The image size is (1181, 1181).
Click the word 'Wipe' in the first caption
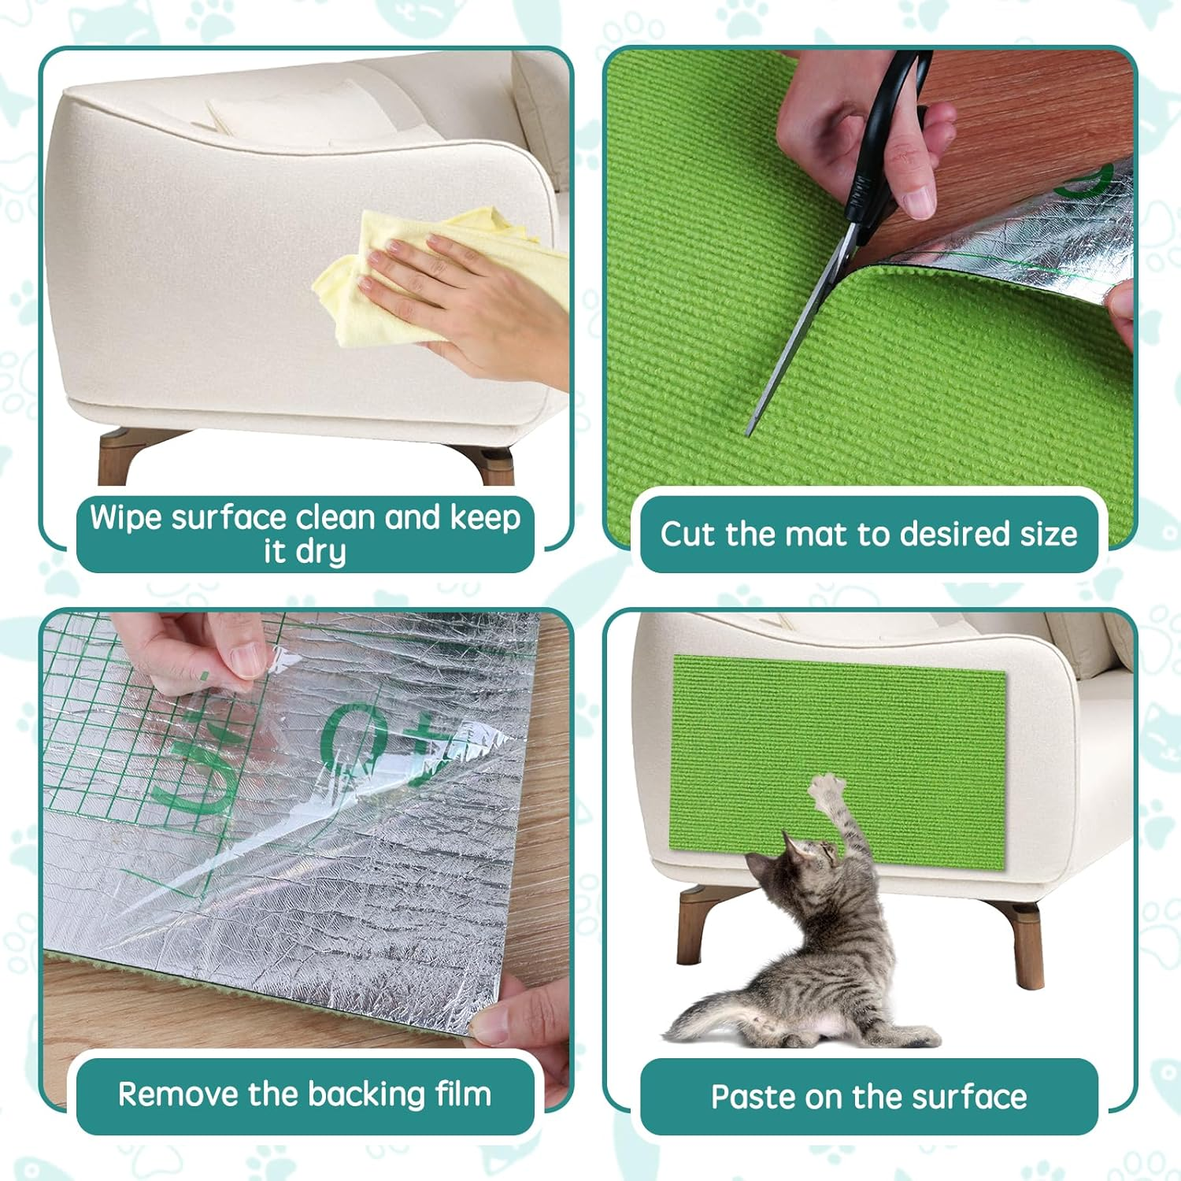point(126,517)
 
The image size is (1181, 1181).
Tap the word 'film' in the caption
point(463,1094)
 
